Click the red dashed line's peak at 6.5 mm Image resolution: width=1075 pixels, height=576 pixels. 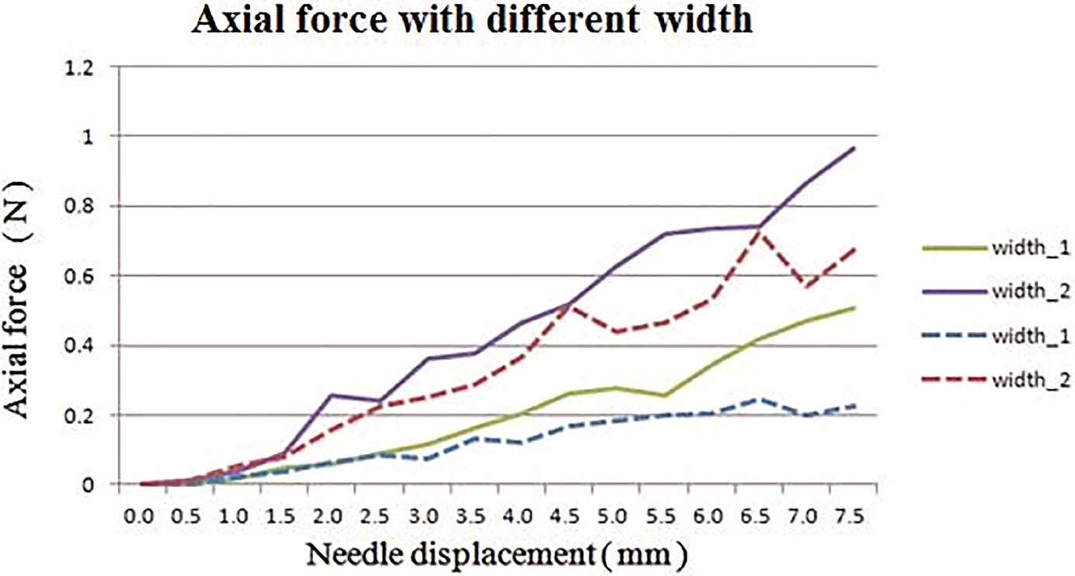(759, 232)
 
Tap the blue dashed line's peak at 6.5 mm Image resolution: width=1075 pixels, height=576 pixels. (759, 400)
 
